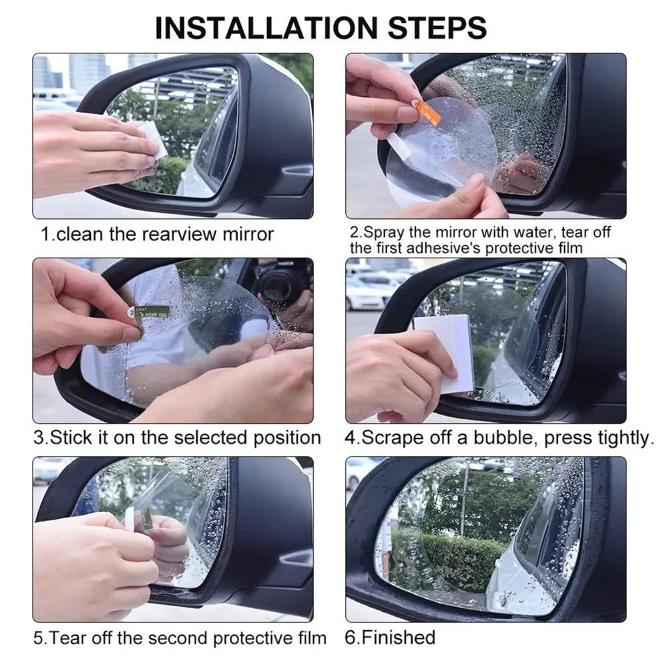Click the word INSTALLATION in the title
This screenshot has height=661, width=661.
266,28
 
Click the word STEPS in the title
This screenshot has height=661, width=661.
437,28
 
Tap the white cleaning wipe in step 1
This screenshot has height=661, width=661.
148,139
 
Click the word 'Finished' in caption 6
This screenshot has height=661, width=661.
399,637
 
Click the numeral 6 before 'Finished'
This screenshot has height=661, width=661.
350,637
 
